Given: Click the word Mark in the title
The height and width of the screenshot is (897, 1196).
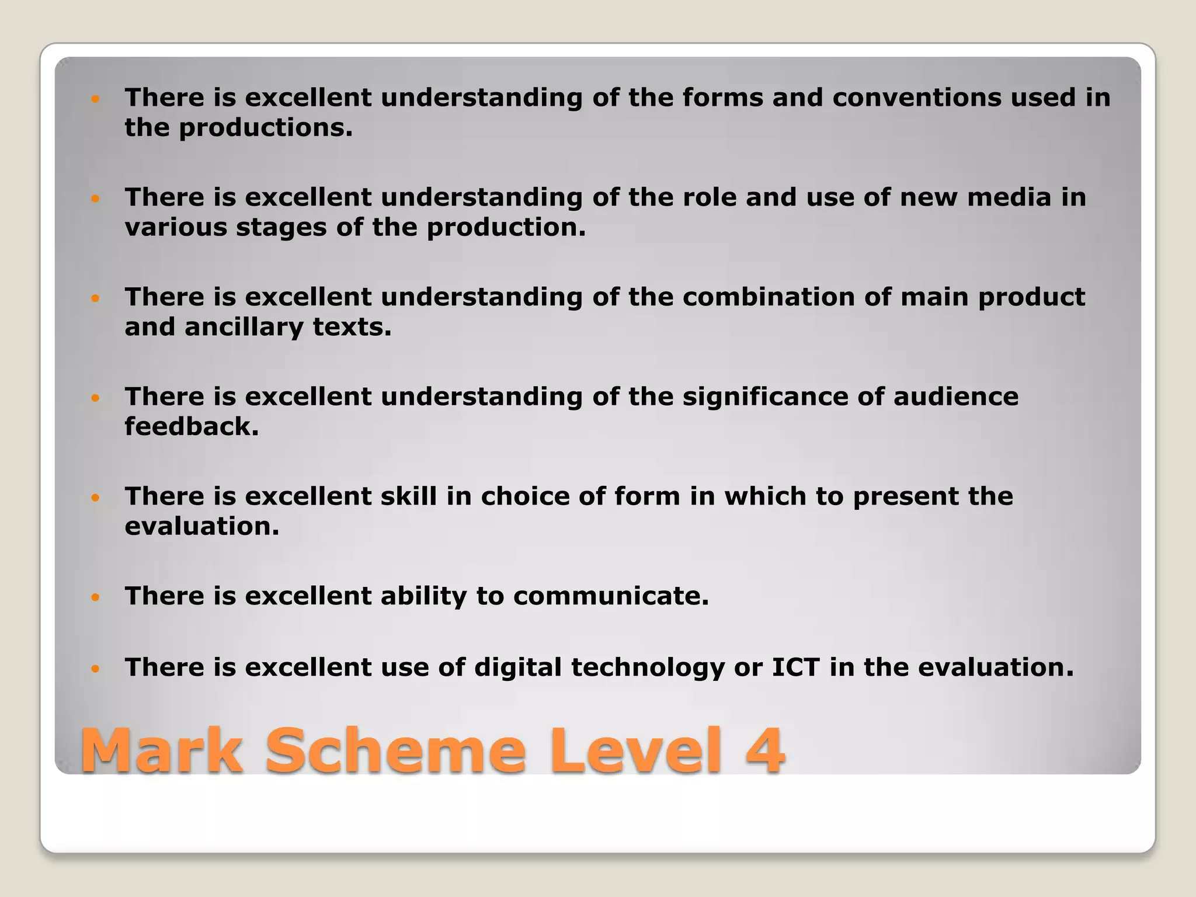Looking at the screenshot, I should [x=161, y=751].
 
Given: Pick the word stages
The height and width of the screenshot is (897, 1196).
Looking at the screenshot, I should [x=281, y=228].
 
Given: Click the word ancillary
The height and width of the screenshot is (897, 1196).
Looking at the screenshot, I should [x=244, y=327].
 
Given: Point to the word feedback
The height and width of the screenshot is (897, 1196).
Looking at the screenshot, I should [x=191, y=427].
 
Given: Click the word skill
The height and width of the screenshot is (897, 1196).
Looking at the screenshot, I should [x=409, y=496].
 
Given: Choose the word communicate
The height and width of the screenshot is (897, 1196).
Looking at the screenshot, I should [x=611, y=596].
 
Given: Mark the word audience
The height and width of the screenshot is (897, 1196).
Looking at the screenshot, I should [x=955, y=397].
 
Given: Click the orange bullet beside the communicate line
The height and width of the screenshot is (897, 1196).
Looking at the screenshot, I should [x=96, y=597].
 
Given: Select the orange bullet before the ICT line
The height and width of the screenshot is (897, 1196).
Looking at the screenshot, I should [x=96, y=668].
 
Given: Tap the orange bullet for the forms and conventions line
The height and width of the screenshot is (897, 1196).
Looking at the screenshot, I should [x=96, y=98].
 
